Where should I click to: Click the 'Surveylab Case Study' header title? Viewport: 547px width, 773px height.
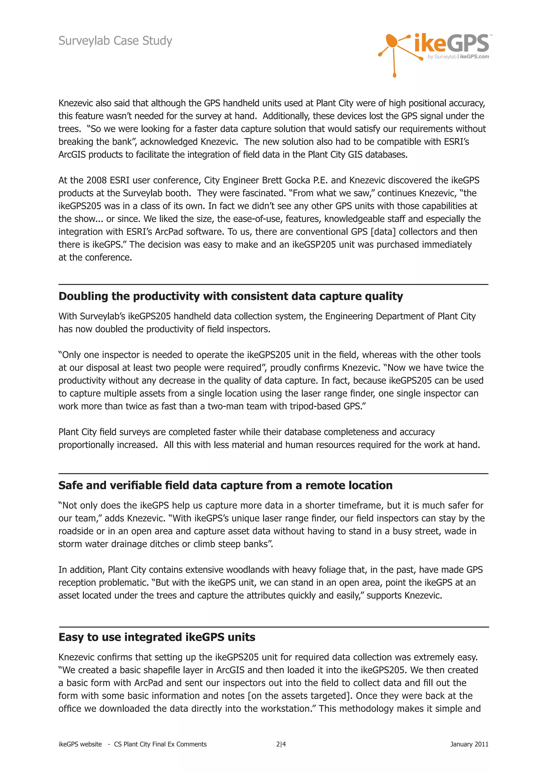point(115,41)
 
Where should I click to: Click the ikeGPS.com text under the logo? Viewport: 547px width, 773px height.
point(474,57)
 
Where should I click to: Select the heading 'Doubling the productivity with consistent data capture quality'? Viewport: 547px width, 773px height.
point(231,296)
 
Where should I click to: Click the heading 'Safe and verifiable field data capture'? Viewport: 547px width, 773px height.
point(225,485)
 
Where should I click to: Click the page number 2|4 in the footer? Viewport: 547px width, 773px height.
point(281,744)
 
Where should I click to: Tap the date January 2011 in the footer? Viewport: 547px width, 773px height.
point(469,744)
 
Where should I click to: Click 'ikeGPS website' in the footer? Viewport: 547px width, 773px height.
point(80,744)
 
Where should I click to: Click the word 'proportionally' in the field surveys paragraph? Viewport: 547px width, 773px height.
point(86,445)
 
